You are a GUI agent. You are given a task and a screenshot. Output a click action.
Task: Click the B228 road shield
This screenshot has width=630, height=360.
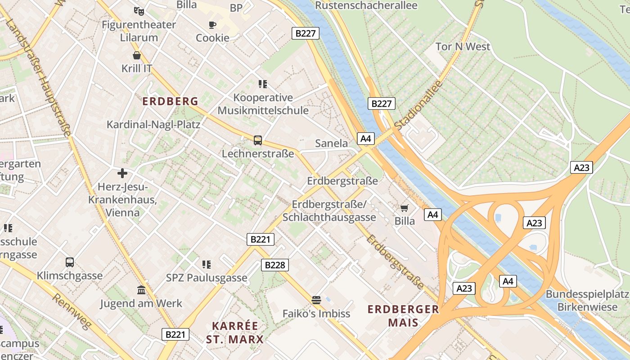(274, 265)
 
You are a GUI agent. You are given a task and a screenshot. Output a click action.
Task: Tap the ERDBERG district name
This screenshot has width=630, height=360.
(171, 101)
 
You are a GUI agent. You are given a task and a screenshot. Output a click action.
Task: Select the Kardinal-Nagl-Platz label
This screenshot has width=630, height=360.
(153, 124)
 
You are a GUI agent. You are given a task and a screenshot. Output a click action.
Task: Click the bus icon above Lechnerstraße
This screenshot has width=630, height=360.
(258, 140)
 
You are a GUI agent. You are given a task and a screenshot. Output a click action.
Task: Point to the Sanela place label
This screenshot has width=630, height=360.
(332, 143)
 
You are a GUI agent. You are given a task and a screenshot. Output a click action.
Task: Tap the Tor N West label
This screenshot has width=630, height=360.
(463, 46)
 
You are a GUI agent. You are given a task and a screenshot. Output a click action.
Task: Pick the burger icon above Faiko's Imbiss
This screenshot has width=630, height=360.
(316, 300)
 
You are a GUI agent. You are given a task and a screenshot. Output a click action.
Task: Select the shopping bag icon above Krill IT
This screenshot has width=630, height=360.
(137, 55)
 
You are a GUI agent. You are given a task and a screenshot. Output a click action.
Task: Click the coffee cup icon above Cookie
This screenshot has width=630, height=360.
(212, 25)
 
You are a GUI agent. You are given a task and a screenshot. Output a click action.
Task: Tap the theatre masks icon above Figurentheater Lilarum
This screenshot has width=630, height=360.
(139, 10)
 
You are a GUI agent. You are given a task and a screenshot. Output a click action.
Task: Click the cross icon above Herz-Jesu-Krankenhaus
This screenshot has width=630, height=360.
(122, 173)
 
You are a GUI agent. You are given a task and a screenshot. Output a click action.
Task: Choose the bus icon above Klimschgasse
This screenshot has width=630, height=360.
(70, 262)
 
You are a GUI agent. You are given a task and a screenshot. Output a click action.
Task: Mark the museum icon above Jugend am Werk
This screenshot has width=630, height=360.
(141, 290)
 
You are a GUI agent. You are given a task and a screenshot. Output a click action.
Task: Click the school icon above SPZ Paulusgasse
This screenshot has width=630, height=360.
(207, 264)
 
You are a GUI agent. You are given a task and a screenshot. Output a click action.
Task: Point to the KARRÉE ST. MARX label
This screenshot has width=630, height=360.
(235, 332)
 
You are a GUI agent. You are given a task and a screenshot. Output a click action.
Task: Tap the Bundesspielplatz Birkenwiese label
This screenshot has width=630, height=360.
(587, 301)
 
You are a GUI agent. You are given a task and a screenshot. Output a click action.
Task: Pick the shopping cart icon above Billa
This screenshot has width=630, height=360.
(404, 208)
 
